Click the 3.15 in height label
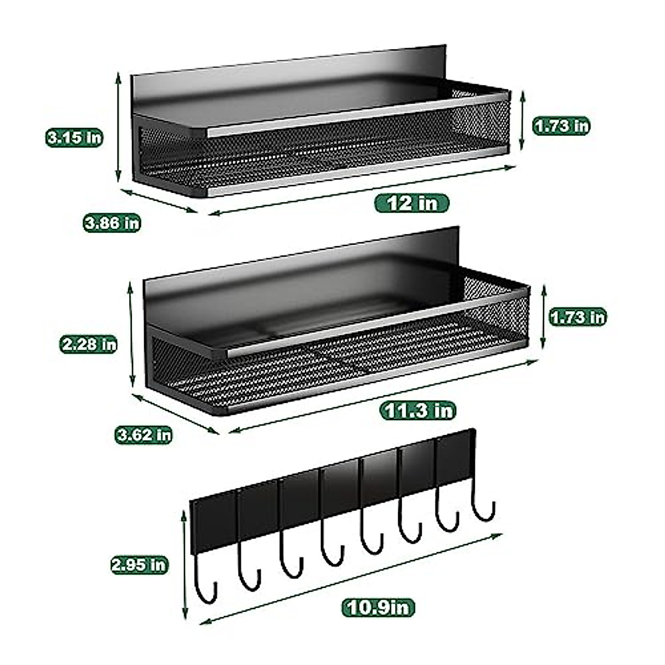pyautogui.click(x=74, y=137)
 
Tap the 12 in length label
pyautogui.click(x=412, y=203)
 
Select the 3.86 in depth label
pyautogui.click(x=112, y=223)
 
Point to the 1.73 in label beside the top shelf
pyautogui.click(x=561, y=126)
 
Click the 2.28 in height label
pyautogui.click(x=89, y=344)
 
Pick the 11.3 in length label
pyautogui.click(x=417, y=411)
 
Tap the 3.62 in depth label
pyautogui.click(x=143, y=434)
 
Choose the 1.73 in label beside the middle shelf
pyautogui.click(x=577, y=317)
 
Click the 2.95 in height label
pyautogui.click(x=139, y=565)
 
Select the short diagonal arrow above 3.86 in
pyautogui.click(x=158, y=201)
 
